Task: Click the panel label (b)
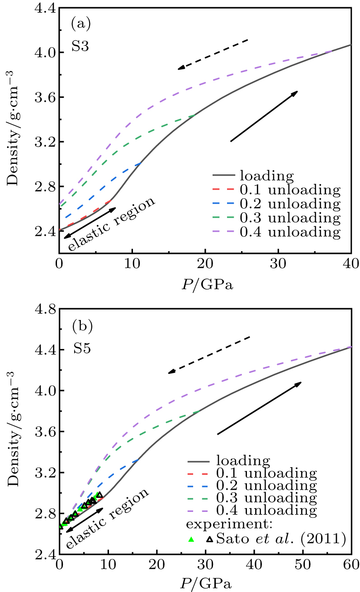coord(82,325)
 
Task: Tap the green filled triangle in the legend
coord(191,539)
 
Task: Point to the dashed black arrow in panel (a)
coord(213,54)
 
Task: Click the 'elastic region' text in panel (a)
coord(112,224)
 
